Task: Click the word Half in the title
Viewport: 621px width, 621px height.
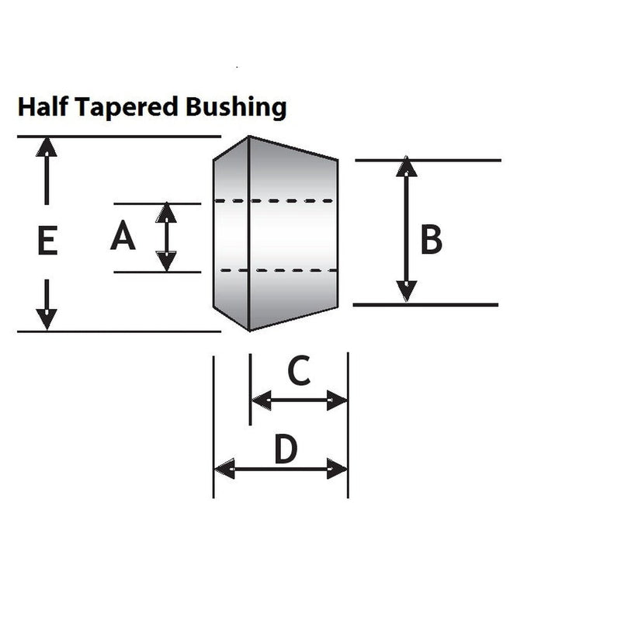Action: pyautogui.click(x=43, y=107)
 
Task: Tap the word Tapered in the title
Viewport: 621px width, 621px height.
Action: pyautogui.click(x=126, y=108)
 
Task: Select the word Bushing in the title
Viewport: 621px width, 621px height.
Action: pyautogui.click(x=236, y=108)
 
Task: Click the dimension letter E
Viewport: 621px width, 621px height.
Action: pyautogui.click(x=47, y=240)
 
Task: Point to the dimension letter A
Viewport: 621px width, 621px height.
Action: pyautogui.click(x=123, y=235)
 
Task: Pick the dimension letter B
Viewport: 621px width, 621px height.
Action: pyautogui.click(x=431, y=239)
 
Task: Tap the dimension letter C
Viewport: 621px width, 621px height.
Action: pyautogui.click(x=299, y=370)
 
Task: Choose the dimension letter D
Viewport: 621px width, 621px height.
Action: pyautogui.click(x=286, y=449)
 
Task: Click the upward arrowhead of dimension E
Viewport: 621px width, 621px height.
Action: pyautogui.click(x=47, y=147)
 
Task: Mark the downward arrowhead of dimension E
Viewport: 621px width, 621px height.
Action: pyautogui.click(x=47, y=319)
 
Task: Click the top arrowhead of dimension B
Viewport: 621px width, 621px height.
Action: pyautogui.click(x=406, y=166)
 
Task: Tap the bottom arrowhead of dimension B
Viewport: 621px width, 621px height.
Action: pyautogui.click(x=406, y=292)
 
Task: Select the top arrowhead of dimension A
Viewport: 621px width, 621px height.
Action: pyautogui.click(x=166, y=212)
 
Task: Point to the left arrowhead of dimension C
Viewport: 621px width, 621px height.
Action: pyautogui.click(x=262, y=400)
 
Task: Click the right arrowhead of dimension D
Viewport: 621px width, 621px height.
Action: pyautogui.click(x=337, y=469)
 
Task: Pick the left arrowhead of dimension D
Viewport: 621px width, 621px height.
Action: pyautogui.click(x=224, y=469)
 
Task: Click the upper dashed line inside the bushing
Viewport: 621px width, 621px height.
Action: pyautogui.click(x=274, y=201)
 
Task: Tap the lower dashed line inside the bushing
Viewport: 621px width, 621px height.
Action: pyautogui.click(x=279, y=270)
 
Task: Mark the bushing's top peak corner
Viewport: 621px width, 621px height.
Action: pyautogui.click(x=248, y=137)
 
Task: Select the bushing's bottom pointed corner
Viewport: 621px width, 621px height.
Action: pyautogui.click(x=249, y=331)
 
